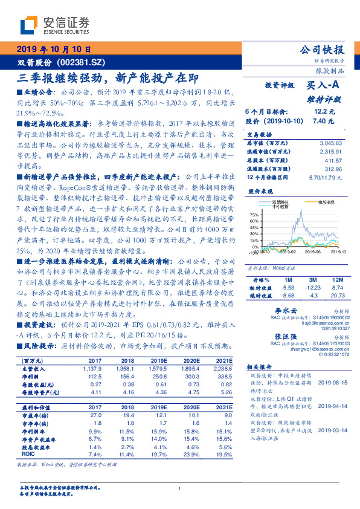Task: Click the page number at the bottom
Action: [180, 488]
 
